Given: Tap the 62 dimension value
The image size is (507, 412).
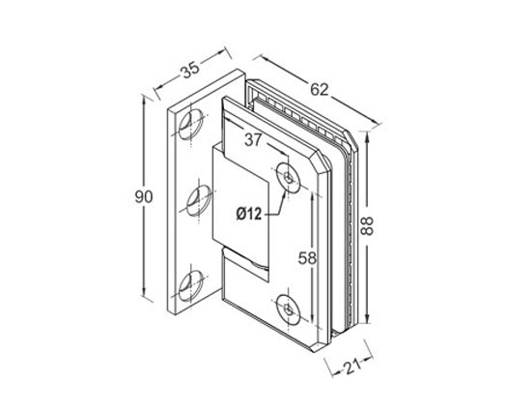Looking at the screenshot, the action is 320,89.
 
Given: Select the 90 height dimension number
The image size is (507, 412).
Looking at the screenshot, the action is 144,196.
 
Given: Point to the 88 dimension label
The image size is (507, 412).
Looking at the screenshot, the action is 367,225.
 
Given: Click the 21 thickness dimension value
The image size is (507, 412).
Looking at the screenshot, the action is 352,367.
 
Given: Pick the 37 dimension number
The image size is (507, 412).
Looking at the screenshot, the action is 252,140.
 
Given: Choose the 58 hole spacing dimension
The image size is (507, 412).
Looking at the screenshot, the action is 307,258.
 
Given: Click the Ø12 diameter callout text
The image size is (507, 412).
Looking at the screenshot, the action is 248,214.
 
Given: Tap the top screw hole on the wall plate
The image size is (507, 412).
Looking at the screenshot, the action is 191,125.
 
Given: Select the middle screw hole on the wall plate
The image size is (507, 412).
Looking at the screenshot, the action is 199,201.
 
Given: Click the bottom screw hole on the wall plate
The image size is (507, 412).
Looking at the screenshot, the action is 191,285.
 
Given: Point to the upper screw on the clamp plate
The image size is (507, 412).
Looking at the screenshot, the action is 288,178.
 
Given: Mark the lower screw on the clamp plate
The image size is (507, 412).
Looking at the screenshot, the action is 288,309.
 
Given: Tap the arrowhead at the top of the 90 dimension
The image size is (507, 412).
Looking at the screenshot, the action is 144,100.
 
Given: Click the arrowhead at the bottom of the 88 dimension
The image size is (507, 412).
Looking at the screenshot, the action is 367,319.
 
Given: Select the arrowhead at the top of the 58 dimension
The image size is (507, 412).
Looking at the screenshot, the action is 312,195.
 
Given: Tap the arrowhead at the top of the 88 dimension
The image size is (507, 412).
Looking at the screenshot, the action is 367,136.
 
